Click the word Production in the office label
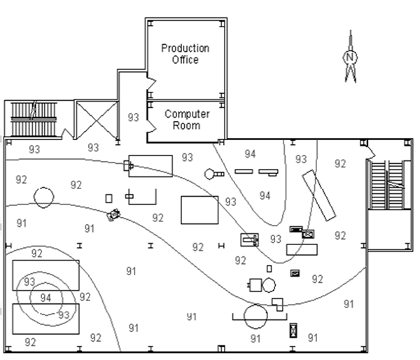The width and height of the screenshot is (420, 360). pos(185,48)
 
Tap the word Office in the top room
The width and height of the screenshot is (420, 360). pos(185,60)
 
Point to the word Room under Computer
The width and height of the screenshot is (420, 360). pos(187,126)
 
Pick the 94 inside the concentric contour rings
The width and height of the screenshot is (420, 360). pos(45,298)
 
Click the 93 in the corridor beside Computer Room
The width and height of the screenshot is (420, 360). pos(134,118)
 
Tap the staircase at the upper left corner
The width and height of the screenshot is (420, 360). pos(34,119)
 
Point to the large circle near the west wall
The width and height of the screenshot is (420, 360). pos(43,197)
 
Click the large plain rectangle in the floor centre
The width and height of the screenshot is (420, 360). pos(199,209)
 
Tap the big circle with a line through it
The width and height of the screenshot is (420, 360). pos(257,317)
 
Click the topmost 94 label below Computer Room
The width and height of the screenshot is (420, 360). pos(251,154)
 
